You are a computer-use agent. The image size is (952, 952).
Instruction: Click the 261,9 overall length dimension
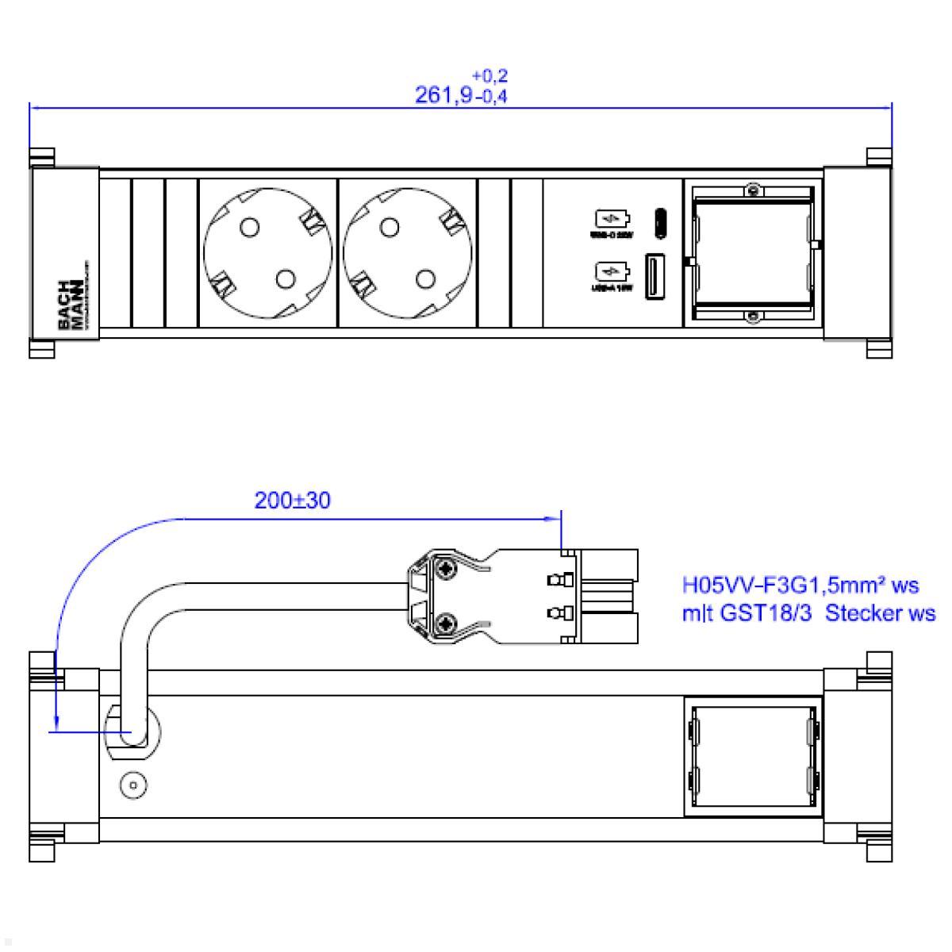coord(443,96)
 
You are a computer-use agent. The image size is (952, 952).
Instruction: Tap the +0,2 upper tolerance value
coord(489,76)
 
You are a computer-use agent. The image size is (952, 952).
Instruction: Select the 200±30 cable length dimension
coord(292,501)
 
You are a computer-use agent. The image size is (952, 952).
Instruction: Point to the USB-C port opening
coord(658,223)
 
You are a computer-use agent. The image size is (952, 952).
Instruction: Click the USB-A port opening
coord(655,277)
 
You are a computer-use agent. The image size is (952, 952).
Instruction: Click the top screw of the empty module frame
coord(752,190)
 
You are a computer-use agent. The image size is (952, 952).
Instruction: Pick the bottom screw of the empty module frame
coord(752,317)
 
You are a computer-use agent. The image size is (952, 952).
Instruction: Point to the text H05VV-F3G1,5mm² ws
coord(800,586)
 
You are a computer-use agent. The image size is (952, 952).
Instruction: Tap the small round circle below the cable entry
coord(132,787)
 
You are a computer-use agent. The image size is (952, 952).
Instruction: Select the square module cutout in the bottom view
coord(751,757)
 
